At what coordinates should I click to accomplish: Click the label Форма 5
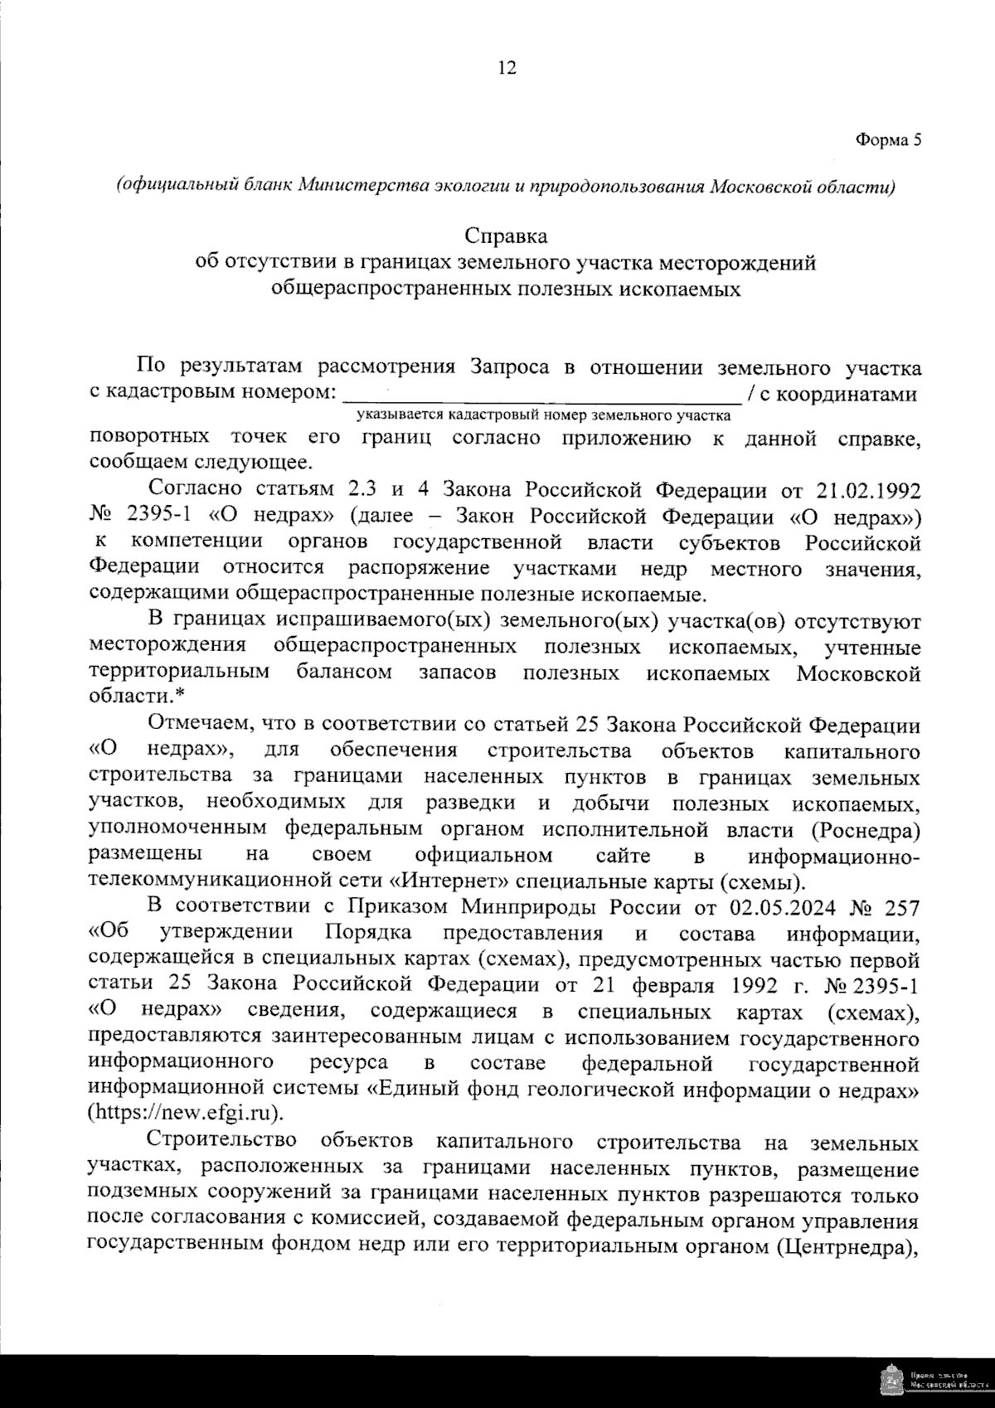pos(888,140)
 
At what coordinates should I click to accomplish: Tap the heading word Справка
pos(507,236)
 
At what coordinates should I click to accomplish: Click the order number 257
pos(901,908)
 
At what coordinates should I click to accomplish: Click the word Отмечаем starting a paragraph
pos(199,726)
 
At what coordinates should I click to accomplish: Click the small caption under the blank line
pos(544,415)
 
